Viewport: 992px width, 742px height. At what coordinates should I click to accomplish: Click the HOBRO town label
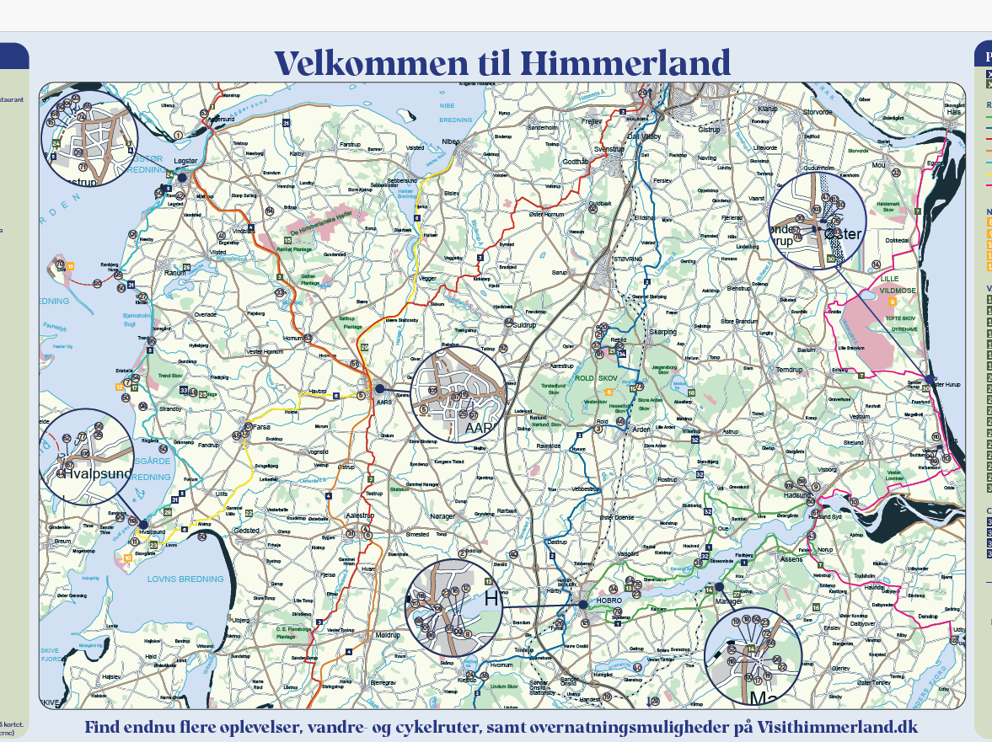(x=609, y=601)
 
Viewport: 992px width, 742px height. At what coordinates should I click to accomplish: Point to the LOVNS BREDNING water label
(x=185, y=579)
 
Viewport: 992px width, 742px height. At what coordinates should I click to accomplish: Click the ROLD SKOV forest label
(x=596, y=378)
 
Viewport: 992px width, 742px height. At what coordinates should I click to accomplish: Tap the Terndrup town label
(x=790, y=369)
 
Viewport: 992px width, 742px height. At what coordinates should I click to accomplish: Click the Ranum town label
(x=175, y=273)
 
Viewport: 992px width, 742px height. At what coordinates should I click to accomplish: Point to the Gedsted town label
(x=247, y=531)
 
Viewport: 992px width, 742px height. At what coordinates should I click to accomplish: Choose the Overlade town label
(x=206, y=314)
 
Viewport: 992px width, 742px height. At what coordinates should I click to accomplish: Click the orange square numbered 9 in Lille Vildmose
(x=892, y=301)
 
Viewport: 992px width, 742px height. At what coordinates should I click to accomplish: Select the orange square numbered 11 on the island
(x=71, y=267)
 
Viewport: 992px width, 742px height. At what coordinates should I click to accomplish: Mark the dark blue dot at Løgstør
(x=182, y=178)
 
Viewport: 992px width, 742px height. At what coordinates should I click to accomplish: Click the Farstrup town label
(x=350, y=144)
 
